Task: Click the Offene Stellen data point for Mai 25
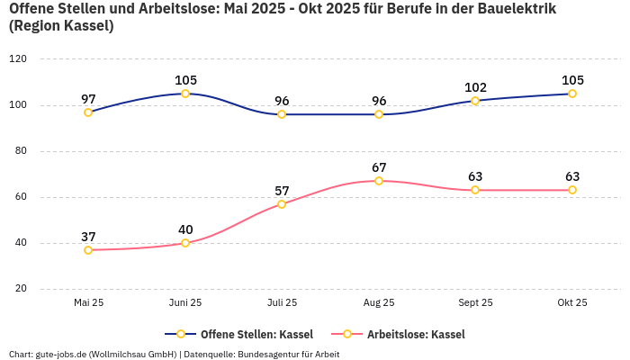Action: point(88,112)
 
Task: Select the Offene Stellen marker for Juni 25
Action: point(185,94)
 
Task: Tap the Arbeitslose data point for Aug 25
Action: point(379,181)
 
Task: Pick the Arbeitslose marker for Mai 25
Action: point(88,250)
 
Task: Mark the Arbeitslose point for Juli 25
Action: point(282,204)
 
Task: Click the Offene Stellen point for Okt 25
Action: point(572,94)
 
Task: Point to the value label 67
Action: point(379,167)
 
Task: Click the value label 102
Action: point(475,87)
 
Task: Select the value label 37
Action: point(88,237)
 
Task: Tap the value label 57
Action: point(282,191)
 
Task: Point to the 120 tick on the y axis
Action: point(18,59)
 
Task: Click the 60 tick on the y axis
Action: point(21,197)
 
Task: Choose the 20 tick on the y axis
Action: point(21,289)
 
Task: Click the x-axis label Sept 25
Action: point(475,303)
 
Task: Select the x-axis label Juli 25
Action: point(282,303)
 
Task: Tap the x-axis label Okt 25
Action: point(572,303)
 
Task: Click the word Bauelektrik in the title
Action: point(517,9)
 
